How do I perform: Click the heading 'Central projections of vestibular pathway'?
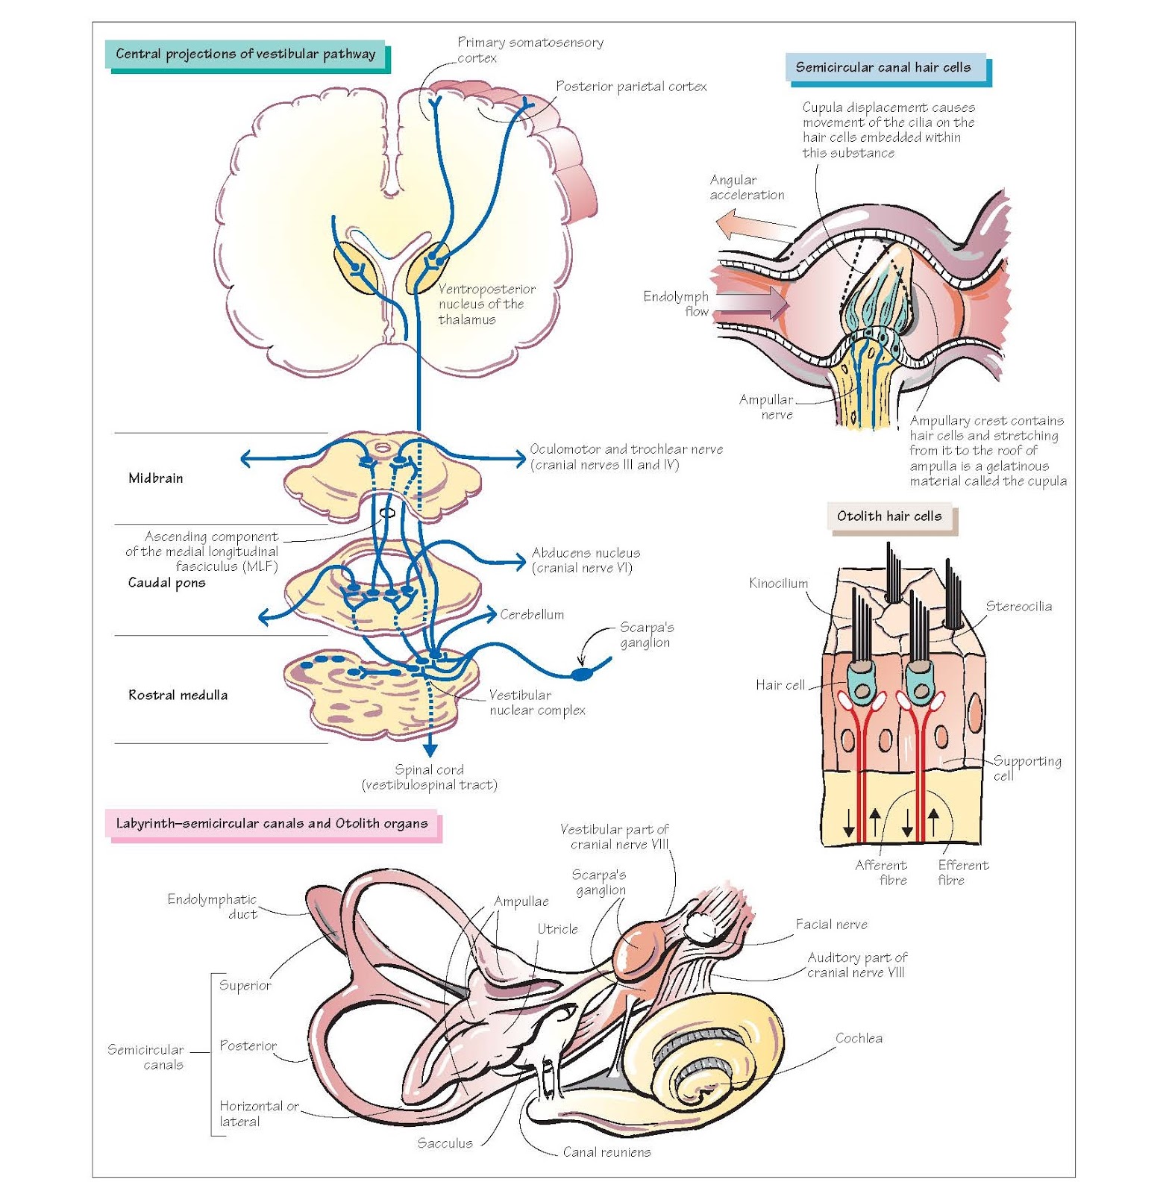click(x=245, y=54)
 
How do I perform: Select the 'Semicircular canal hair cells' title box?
click(x=883, y=67)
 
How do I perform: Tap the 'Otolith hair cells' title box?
click(x=889, y=516)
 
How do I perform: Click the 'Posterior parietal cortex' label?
click(x=631, y=87)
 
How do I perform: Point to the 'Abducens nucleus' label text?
click(x=586, y=553)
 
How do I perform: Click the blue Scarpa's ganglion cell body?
click(x=581, y=675)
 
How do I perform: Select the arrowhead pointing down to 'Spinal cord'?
click(x=430, y=750)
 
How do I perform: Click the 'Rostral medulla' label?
click(x=178, y=696)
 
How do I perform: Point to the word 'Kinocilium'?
click(x=778, y=584)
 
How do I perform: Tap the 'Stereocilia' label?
click(x=1018, y=607)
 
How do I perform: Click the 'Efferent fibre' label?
click(x=962, y=872)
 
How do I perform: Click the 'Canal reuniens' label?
click(x=606, y=1152)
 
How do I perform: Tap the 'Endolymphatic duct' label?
click(x=213, y=906)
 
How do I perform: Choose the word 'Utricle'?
click(x=557, y=929)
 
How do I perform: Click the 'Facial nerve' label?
click(x=831, y=925)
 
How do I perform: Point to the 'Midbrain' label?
click(x=155, y=478)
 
